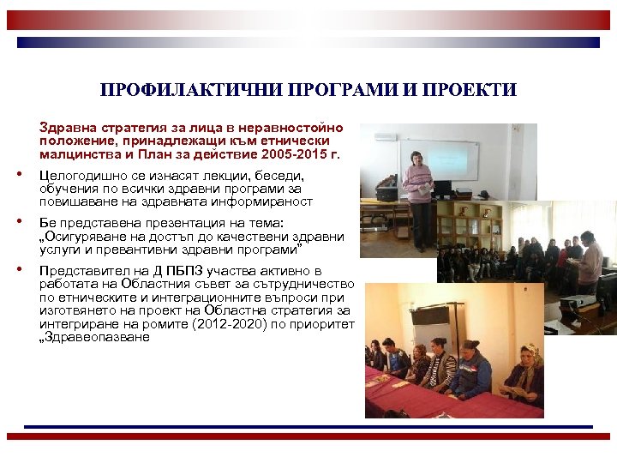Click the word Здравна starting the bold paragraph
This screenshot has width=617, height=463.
(67, 128)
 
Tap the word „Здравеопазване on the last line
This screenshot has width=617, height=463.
(95, 338)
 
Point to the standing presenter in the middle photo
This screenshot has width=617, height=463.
(590, 262)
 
